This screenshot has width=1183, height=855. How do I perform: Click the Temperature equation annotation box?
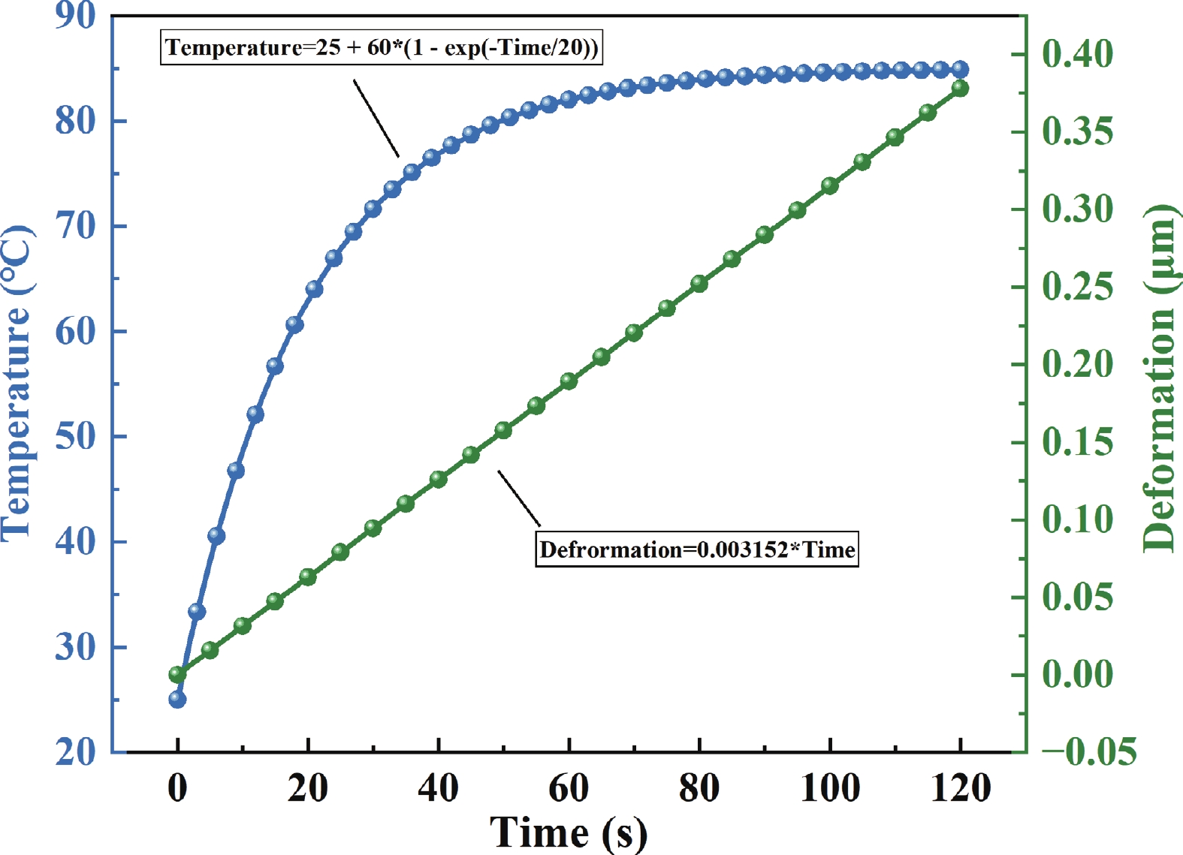[382, 47]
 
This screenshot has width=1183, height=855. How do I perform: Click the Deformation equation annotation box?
[696, 549]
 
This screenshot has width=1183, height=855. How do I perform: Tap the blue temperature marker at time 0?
[177, 700]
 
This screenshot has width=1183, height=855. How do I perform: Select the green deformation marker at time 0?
[177, 674]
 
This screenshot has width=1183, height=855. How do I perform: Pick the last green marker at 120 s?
[960, 89]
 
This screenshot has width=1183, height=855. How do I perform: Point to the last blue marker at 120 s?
[960, 70]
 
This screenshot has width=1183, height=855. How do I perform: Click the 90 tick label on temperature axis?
[76, 15]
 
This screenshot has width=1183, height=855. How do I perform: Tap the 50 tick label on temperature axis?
[76, 436]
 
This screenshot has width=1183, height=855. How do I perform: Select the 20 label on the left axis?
[76, 751]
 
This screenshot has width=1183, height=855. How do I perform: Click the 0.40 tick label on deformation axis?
[1077, 54]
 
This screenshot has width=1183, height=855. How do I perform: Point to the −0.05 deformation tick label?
[1089, 751]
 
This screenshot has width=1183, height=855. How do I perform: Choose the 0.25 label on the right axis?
[1077, 287]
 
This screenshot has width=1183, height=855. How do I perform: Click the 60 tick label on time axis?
[569, 788]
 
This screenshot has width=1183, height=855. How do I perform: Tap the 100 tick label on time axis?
[829, 788]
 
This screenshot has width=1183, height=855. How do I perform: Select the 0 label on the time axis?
[177, 788]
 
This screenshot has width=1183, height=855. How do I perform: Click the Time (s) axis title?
[568, 832]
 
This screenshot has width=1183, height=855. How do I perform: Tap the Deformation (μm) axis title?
[1159, 378]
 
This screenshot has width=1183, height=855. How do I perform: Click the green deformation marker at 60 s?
[569, 381]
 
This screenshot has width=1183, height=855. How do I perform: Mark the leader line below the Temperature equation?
[376, 119]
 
